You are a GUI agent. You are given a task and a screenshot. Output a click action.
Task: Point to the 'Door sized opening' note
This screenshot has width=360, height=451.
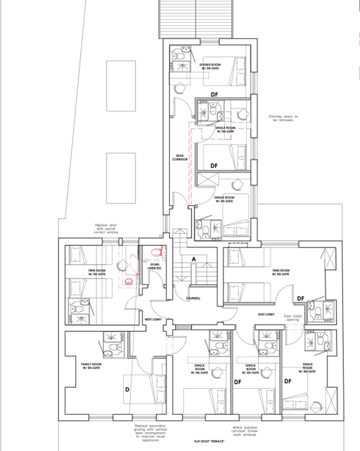293,317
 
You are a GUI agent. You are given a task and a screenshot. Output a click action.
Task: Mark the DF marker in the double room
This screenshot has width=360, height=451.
214,93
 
